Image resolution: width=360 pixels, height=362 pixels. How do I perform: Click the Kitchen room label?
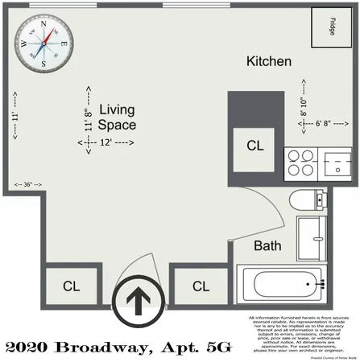point(268,62)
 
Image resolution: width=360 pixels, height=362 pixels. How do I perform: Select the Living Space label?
point(117,117)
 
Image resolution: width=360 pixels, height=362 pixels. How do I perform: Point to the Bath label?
point(267,247)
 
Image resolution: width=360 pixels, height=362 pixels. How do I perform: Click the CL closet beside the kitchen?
point(254,146)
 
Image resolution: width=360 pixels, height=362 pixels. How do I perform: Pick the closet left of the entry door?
point(71,286)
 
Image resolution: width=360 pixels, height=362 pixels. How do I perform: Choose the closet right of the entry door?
point(201,286)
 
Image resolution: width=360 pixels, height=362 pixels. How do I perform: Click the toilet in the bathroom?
point(308,200)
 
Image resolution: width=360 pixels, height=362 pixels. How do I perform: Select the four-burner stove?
point(301,163)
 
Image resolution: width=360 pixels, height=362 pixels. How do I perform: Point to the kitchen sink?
point(337,163)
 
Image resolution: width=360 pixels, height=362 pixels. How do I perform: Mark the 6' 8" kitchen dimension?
point(325,123)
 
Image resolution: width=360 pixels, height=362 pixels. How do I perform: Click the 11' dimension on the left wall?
point(16,117)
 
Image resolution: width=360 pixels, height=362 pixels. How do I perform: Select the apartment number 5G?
point(217,348)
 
